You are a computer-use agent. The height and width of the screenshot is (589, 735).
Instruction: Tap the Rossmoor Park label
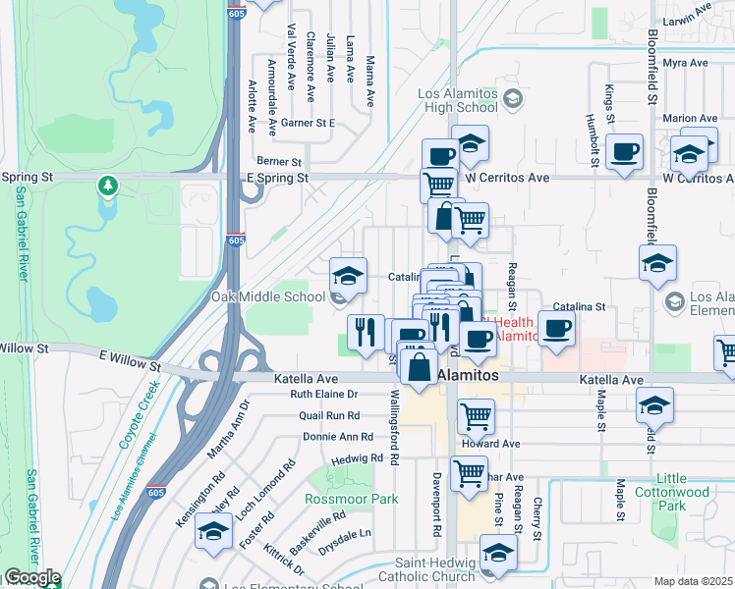pyautogui.click(x=352, y=499)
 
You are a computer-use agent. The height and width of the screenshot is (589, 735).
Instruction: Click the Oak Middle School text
pyautogui.click(x=267, y=296)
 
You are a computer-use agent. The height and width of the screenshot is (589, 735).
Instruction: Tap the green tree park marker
pyautogui.click(x=107, y=185)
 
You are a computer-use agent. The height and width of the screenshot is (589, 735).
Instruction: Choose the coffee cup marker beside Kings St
pyautogui.click(x=624, y=153)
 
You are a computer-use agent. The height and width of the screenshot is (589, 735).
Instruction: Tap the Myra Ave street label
pyautogui.click(x=685, y=63)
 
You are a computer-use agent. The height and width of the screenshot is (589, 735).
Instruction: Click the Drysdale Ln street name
pyautogui.click(x=351, y=533)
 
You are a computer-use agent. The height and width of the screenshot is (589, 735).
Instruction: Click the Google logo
pyautogui.click(x=32, y=577)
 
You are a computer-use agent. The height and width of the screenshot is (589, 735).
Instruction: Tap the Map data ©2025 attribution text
pyautogui.click(x=693, y=581)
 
